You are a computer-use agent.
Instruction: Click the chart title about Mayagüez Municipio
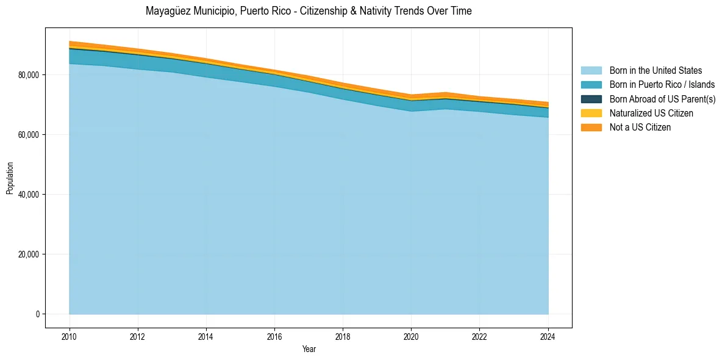click(309, 11)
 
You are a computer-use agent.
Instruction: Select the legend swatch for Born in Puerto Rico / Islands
click(591, 85)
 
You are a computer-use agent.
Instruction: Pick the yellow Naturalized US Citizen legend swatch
click(591, 113)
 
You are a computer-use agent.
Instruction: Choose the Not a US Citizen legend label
click(640, 127)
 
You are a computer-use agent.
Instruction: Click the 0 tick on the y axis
click(37, 314)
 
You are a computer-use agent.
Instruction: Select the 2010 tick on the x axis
click(70, 336)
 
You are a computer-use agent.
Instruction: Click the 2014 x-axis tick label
click(206, 336)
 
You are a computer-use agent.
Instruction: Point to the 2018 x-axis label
click(343, 336)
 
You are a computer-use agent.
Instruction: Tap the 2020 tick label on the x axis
click(411, 336)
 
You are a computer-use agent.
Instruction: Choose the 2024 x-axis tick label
click(548, 336)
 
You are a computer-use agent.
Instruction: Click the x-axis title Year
click(309, 349)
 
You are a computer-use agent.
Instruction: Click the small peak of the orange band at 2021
click(446, 93)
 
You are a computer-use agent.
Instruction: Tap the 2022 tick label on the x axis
click(480, 336)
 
